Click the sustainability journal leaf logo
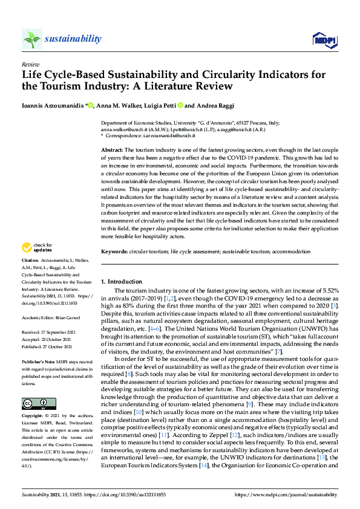[31, 39]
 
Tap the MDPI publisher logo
[324, 40]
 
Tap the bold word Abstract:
[112, 149]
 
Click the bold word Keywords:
[114, 251]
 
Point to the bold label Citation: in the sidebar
[31, 276]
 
